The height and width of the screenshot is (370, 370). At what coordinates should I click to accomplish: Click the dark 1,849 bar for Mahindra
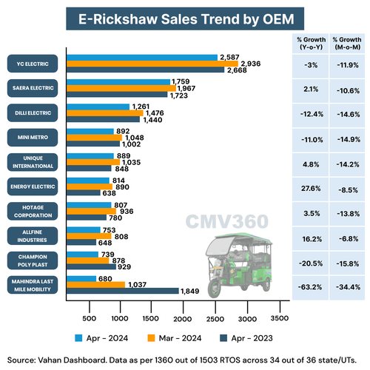[x=123, y=292]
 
